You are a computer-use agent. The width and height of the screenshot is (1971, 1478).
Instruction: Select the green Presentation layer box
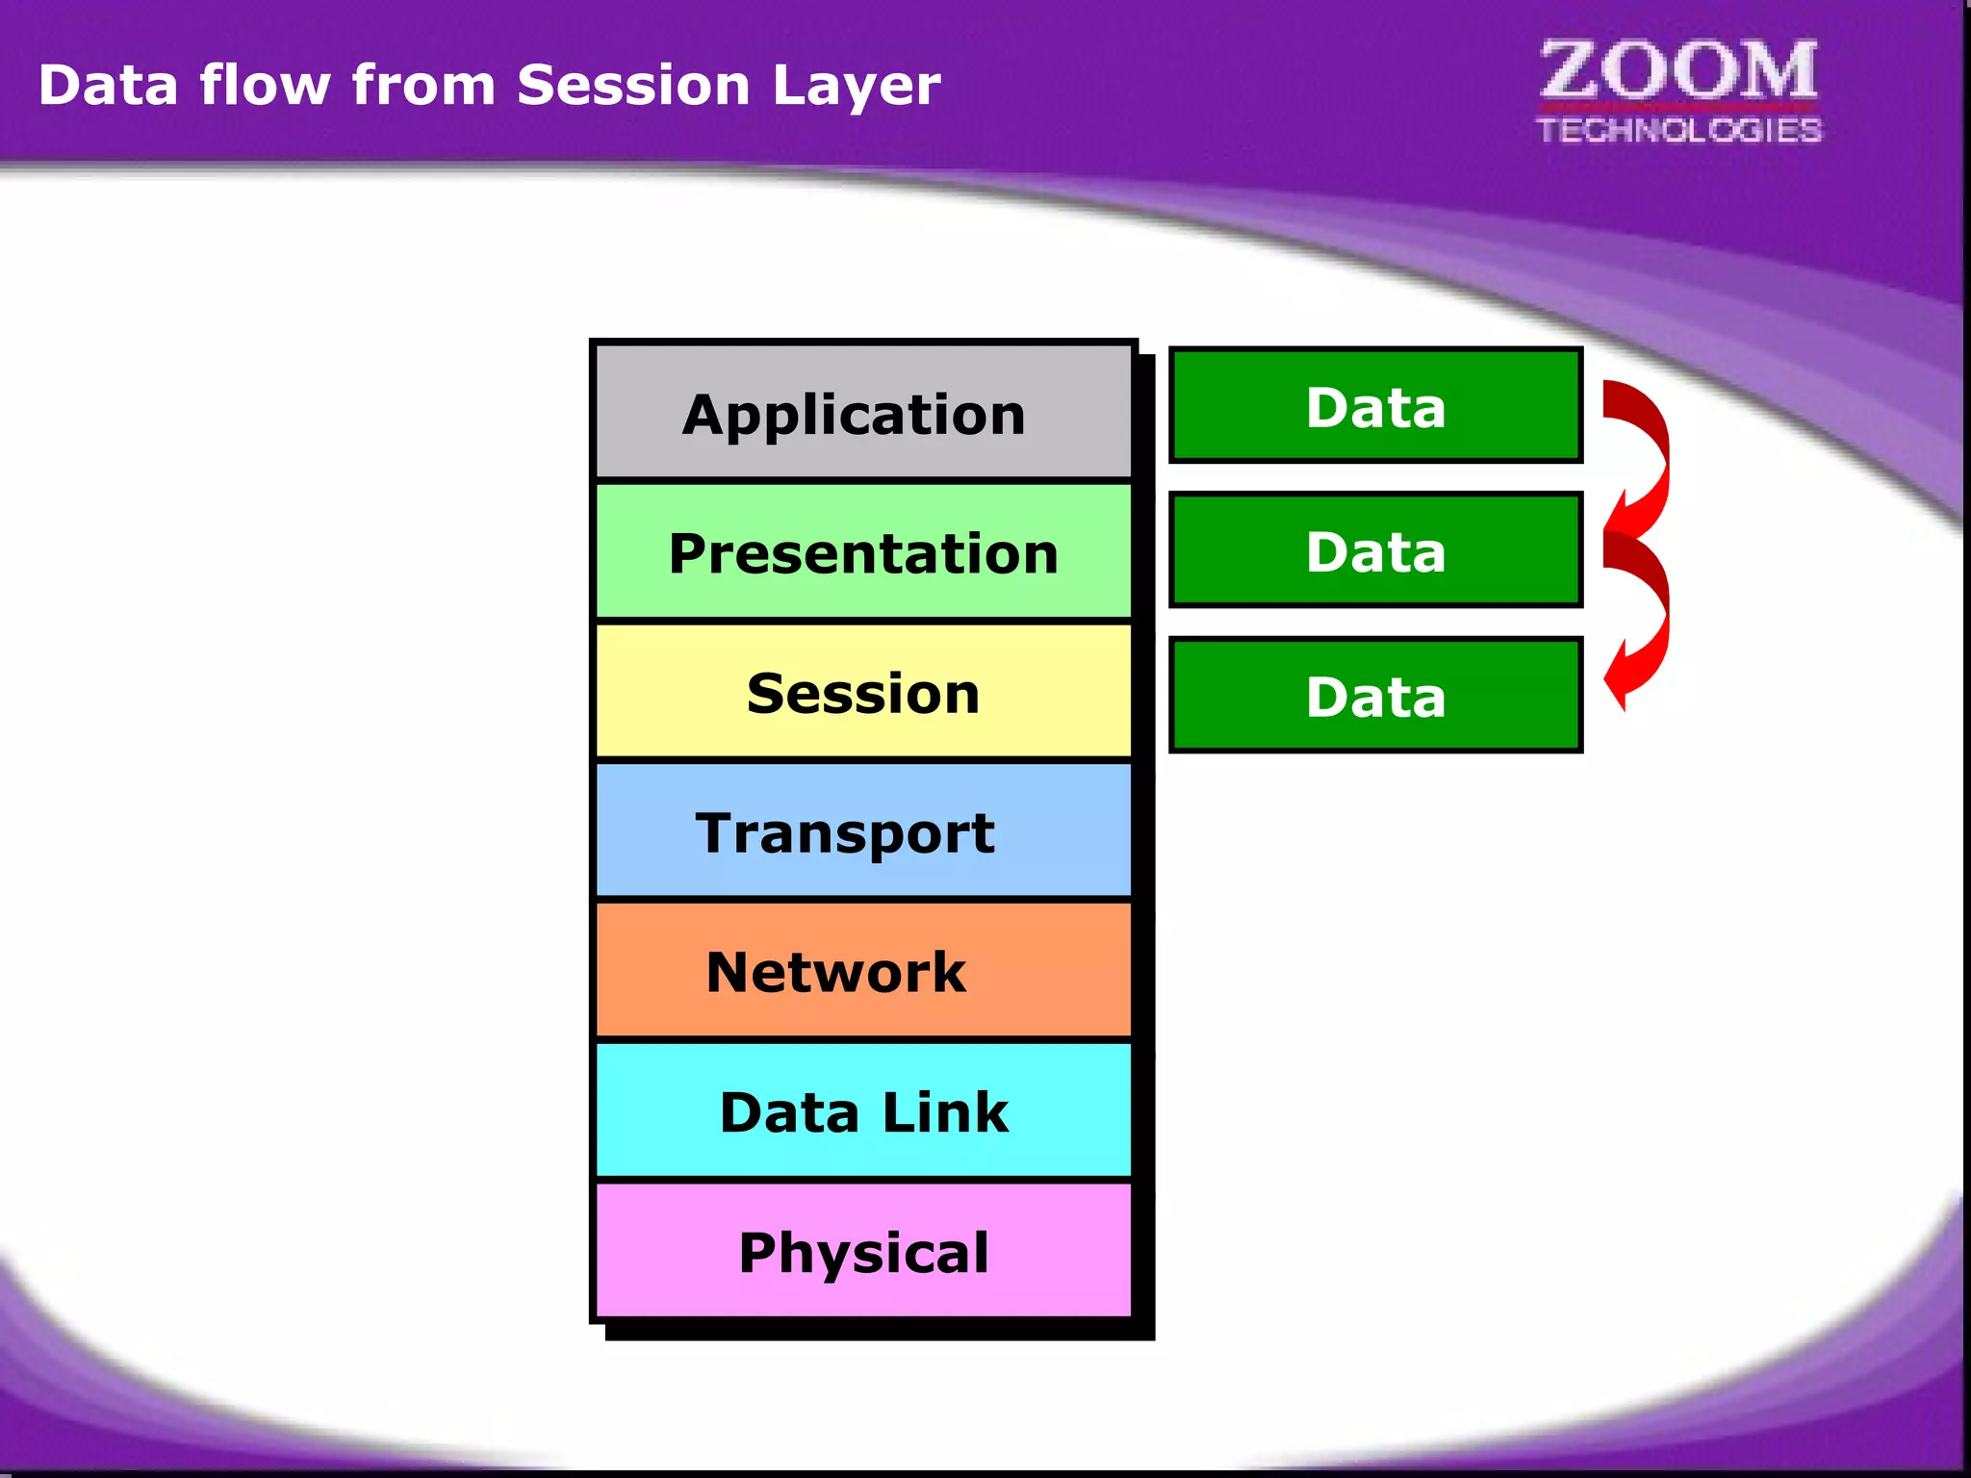pos(863,552)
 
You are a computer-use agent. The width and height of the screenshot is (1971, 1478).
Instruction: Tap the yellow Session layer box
pos(863,692)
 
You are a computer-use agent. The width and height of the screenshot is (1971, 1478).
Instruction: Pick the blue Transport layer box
pos(863,831)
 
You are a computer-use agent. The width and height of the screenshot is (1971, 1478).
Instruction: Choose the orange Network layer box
pos(863,971)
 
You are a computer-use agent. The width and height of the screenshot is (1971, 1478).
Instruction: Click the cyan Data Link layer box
pos(863,1111)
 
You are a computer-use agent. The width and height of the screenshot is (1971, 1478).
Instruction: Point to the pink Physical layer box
pos(863,1251)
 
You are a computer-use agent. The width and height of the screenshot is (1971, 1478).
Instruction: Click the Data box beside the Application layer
pos(1375,406)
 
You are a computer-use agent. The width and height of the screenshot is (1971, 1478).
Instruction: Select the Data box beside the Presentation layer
pos(1375,550)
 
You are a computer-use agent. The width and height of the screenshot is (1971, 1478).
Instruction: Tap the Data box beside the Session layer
pos(1375,695)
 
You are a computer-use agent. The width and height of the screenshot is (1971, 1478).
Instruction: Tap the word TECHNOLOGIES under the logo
pos(1678,130)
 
